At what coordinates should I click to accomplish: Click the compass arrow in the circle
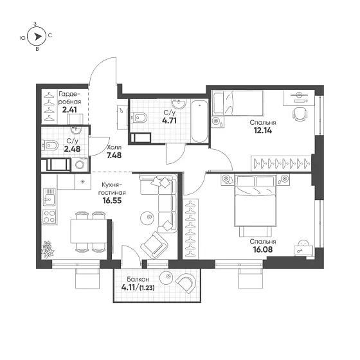coord(38,37)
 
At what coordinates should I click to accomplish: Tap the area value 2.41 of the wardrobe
coord(69,110)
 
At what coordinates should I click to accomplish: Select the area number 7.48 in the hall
coord(114,156)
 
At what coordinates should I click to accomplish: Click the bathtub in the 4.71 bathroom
coord(199,121)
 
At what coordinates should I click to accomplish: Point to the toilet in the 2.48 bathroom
coord(50,145)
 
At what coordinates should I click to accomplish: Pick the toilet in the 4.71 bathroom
coord(139,118)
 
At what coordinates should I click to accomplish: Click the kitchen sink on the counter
coord(50,197)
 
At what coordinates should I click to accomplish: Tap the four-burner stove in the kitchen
coord(50,217)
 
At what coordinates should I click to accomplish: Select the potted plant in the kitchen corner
coord(48,249)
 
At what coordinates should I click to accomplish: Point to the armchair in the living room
coord(154,246)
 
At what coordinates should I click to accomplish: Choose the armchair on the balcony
coord(186,283)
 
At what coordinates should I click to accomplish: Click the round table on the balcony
coord(166,278)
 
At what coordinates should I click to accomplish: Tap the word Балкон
coord(138,280)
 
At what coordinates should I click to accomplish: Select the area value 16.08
coord(263,249)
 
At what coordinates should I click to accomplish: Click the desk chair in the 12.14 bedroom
coord(300,114)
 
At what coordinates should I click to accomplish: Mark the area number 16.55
coord(112,201)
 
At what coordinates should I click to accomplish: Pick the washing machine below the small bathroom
coord(80,165)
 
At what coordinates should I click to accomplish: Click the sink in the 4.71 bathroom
coord(179,104)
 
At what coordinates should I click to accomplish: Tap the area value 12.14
coord(263,130)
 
